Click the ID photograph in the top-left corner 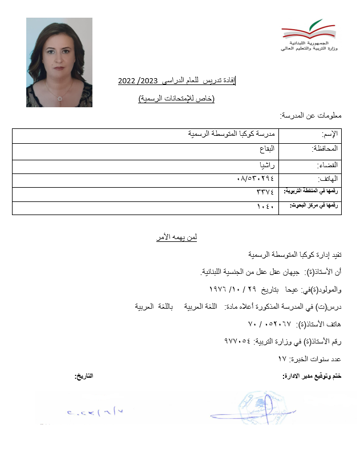[59, 62]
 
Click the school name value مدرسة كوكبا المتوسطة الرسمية [232, 134]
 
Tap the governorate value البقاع [266, 149]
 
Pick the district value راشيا [268, 165]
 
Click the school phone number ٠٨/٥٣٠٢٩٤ [256, 179]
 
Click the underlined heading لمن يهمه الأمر [177, 237]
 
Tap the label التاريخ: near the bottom [84, 376]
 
